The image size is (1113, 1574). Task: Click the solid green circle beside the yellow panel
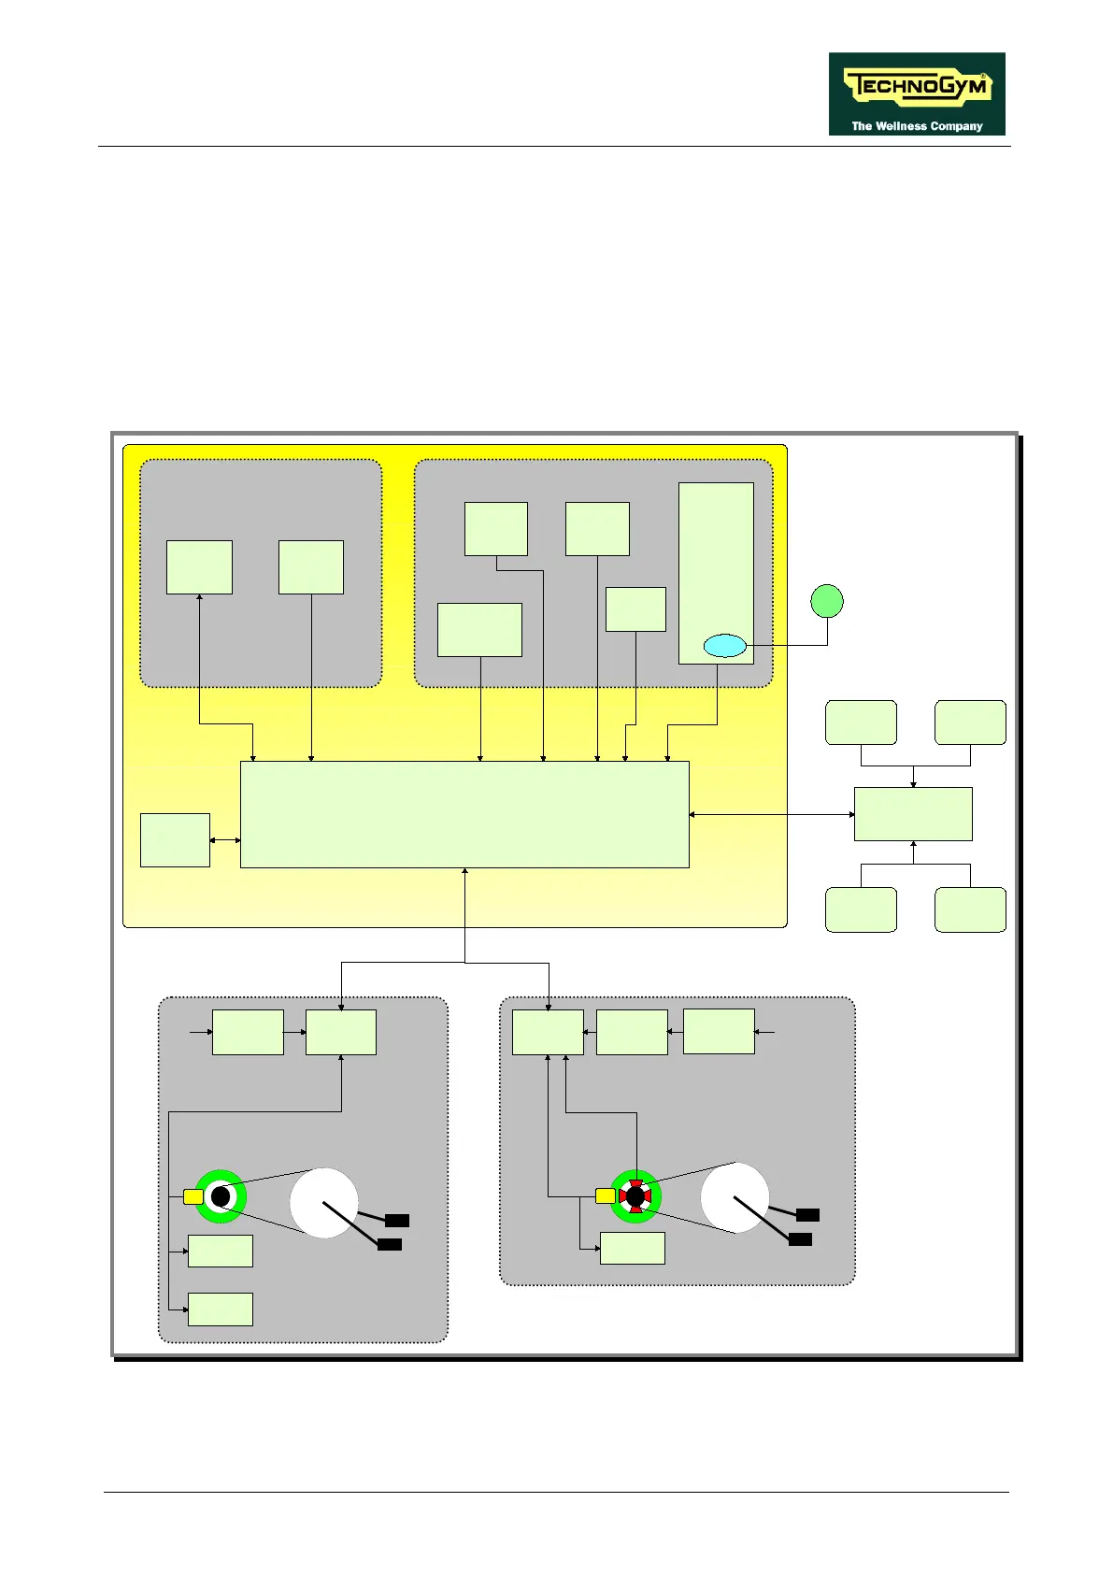tap(826, 601)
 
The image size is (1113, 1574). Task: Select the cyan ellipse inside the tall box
tap(724, 645)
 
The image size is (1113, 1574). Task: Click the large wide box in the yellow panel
tap(464, 814)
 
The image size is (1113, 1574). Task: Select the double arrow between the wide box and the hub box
tap(772, 815)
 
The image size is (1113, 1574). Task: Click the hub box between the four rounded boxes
tap(913, 814)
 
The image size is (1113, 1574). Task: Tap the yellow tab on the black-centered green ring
tap(193, 1196)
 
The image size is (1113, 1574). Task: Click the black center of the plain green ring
tap(221, 1196)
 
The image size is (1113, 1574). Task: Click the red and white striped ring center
tap(635, 1196)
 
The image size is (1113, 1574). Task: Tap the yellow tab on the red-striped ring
tap(605, 1195)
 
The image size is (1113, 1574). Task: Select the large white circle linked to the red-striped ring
tap(735, 1198)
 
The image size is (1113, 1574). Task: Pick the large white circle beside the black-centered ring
tap(323, 1203)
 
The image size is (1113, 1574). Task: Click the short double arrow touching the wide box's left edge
tap(225, 840)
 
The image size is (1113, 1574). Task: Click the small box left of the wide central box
tap(175, 840)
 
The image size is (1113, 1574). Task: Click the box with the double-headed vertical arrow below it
tap(199, 566)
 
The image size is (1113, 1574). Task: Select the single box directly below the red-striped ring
tap(632, 1248)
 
